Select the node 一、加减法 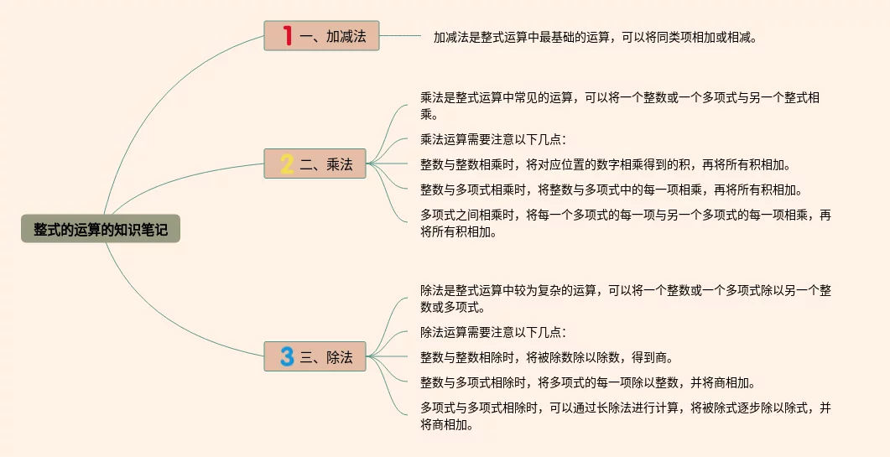(x=322, y=36)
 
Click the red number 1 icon (x=287, y=36)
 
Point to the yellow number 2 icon (x=287, y=164)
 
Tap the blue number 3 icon (x=287, y=356)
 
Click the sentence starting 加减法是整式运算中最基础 (x=595, y=37)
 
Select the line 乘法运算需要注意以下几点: (x=493, y=139)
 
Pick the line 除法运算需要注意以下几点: (x=493, y=332)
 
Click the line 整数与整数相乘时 (x=605, y=164)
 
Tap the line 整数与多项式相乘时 (x=605, y=190)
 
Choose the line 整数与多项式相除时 (x=587, y=383)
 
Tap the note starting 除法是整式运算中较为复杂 (x=625, y=299)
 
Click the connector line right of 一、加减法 (x=401, y=36)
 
